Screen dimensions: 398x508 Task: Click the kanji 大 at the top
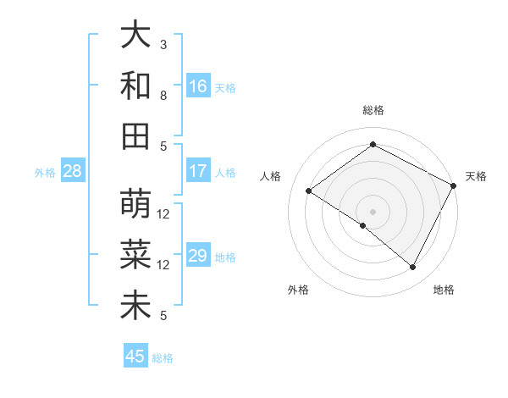[135, 36]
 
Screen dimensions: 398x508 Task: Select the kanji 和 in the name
[135, 86]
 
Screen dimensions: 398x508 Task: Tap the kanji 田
[135, 135]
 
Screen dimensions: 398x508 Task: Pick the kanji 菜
[135, 254]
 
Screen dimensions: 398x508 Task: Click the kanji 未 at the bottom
[135, 305]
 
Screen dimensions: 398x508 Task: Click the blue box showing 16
[198, 86]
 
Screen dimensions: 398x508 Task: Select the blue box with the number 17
[198, 171]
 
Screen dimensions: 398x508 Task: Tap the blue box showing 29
[198, 256]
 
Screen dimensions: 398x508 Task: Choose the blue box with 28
[73, 171]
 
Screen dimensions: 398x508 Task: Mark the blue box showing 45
[135, 357]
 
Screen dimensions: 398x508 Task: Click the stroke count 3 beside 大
[163, 44]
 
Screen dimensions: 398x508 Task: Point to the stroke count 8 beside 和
[163, 95]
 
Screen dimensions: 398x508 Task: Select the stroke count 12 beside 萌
[163, 213]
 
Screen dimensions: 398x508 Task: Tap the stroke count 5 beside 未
[163, 316]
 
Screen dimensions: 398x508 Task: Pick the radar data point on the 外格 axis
[363, 225]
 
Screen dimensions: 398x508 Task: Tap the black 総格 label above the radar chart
[373, 110]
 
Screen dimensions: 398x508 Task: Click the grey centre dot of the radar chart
[373, 211]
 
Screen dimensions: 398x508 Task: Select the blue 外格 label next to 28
[45, 173]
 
